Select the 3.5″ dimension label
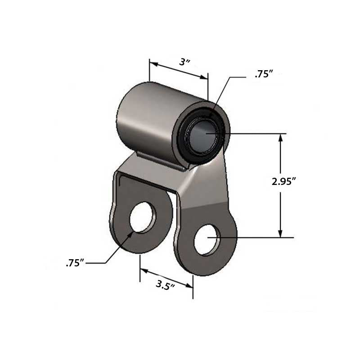pyautogui.click(x=166, y=284)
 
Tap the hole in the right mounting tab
pyautogui.click(x=208, y=239)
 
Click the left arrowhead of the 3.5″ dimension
pyautogui.click(x=144, y=271)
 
